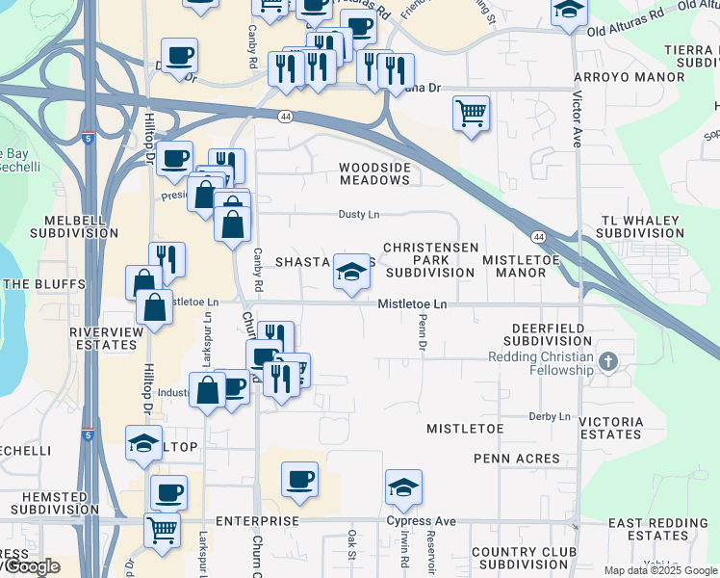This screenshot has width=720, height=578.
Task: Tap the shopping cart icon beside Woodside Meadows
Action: [471, 114]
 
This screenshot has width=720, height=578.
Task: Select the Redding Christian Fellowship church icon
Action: [606, 362]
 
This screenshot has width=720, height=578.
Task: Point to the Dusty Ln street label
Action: [357, 214]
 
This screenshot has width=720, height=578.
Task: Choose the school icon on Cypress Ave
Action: [403, 487]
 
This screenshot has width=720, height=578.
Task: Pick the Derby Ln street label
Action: [550, 416]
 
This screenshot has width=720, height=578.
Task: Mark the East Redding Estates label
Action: [658, 529]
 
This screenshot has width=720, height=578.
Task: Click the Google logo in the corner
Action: [30, 567]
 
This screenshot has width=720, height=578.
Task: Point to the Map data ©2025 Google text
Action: [659, 570]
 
